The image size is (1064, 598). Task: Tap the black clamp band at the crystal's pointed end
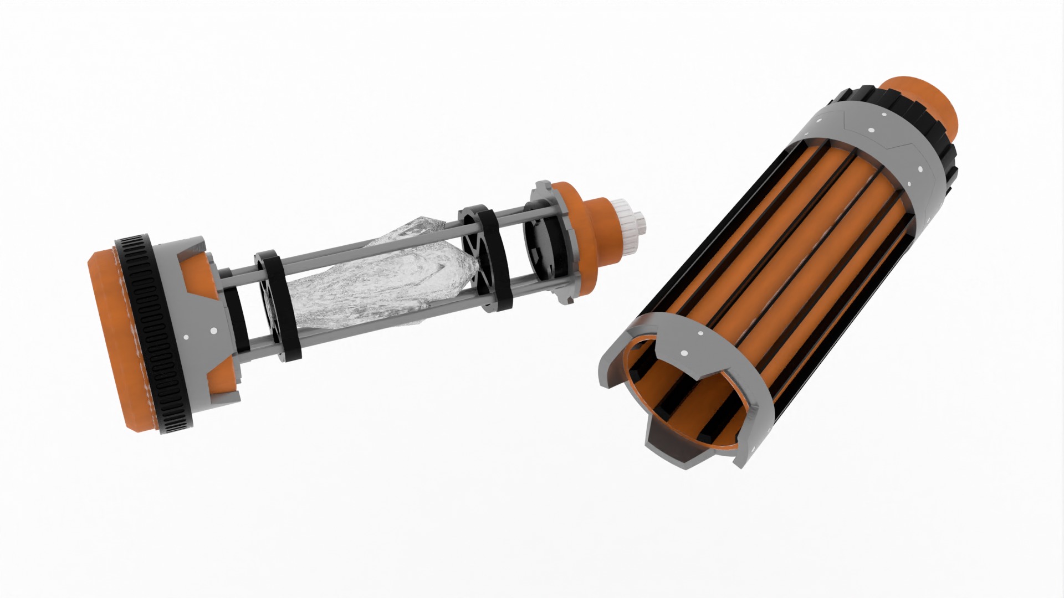493,260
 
